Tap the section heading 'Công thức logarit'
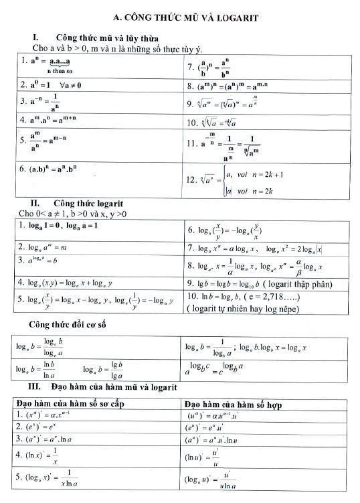(89, 203)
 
